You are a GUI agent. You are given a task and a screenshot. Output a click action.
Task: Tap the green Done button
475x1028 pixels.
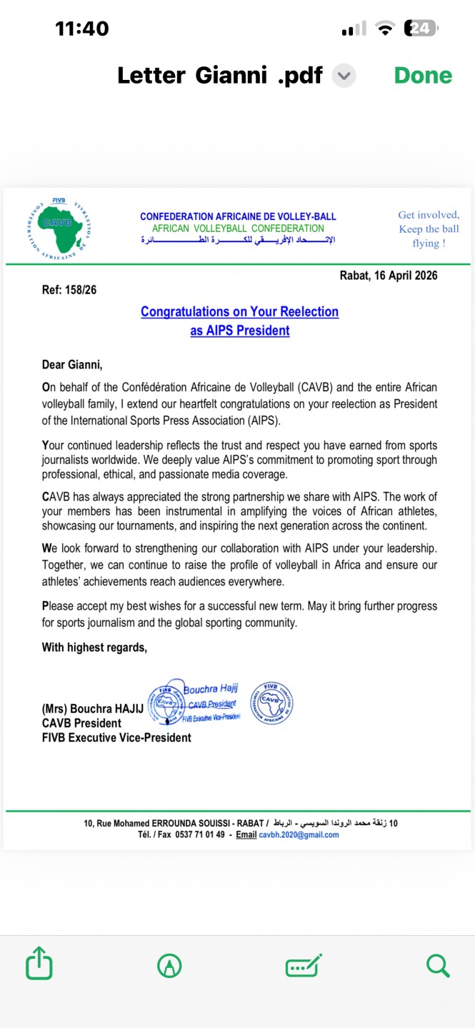point(423,75)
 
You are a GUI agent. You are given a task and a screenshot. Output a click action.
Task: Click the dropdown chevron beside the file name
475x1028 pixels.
point(344,75)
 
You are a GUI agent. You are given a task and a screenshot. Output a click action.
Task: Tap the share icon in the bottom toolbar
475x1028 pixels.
point(39,966)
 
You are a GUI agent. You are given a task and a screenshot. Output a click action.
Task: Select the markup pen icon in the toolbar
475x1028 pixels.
point(169,966)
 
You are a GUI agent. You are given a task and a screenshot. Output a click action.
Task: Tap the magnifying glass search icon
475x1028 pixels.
point(437,966)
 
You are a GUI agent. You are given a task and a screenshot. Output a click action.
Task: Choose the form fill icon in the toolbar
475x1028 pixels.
point(304,966)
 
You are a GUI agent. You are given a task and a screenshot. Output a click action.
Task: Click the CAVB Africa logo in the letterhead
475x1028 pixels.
point(59,227)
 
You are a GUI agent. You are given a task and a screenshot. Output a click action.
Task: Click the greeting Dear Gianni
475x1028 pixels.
point(72,365)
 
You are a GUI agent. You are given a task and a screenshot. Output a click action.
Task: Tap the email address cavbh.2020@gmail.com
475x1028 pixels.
point(299,835)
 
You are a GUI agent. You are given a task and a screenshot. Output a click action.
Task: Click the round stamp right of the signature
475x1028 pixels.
point(271,702)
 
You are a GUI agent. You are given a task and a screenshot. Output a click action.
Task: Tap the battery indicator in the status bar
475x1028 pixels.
point(421,29)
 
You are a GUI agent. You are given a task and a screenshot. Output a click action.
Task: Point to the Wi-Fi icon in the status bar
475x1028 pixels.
point(386,29)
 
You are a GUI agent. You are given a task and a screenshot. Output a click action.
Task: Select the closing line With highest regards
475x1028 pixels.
point(94,647)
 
